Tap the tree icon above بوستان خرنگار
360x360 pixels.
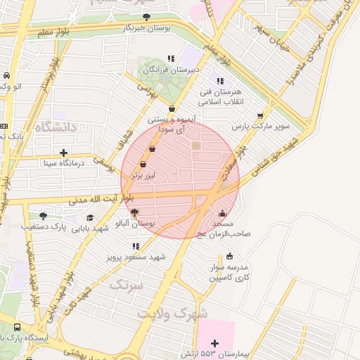[x=146, y=16]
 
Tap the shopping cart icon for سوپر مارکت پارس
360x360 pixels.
[x=260, y=115]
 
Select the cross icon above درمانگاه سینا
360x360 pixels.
[x=64, y=152]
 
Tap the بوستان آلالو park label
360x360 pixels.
[x=138, y=223]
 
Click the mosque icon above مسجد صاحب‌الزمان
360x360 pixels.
[x=223, y=212]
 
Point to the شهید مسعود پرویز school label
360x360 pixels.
[x=136, y=257]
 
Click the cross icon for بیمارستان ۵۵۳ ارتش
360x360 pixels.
[x=214, y=343]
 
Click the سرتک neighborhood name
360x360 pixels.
[x=126, y=285]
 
